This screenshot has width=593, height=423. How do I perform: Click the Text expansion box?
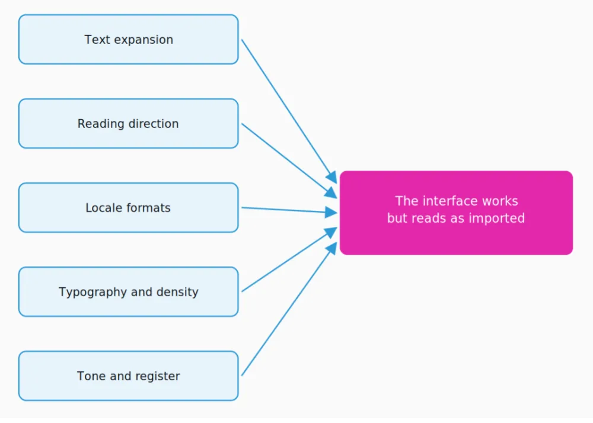tap(128, 39)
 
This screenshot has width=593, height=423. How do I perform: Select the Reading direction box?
tap(128, 123)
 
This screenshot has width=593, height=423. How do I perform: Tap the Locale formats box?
tap(128, 208)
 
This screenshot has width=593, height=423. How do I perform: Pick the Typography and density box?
tap(128, 292)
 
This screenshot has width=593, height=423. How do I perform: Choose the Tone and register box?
tap(128, 376)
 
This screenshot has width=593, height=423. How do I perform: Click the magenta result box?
tap(456, 213)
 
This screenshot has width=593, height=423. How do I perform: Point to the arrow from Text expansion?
tap(289, 111)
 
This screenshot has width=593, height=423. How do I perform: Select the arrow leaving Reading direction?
tap(289, 161)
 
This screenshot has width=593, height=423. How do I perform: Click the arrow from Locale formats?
tap(289, 210)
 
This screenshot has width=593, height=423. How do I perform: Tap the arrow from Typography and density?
tap(289, 259)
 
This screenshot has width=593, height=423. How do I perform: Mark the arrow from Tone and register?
tap(289, 309)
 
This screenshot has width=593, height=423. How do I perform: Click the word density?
tap(177, 292)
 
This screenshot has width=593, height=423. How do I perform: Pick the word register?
tap(157, 377)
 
